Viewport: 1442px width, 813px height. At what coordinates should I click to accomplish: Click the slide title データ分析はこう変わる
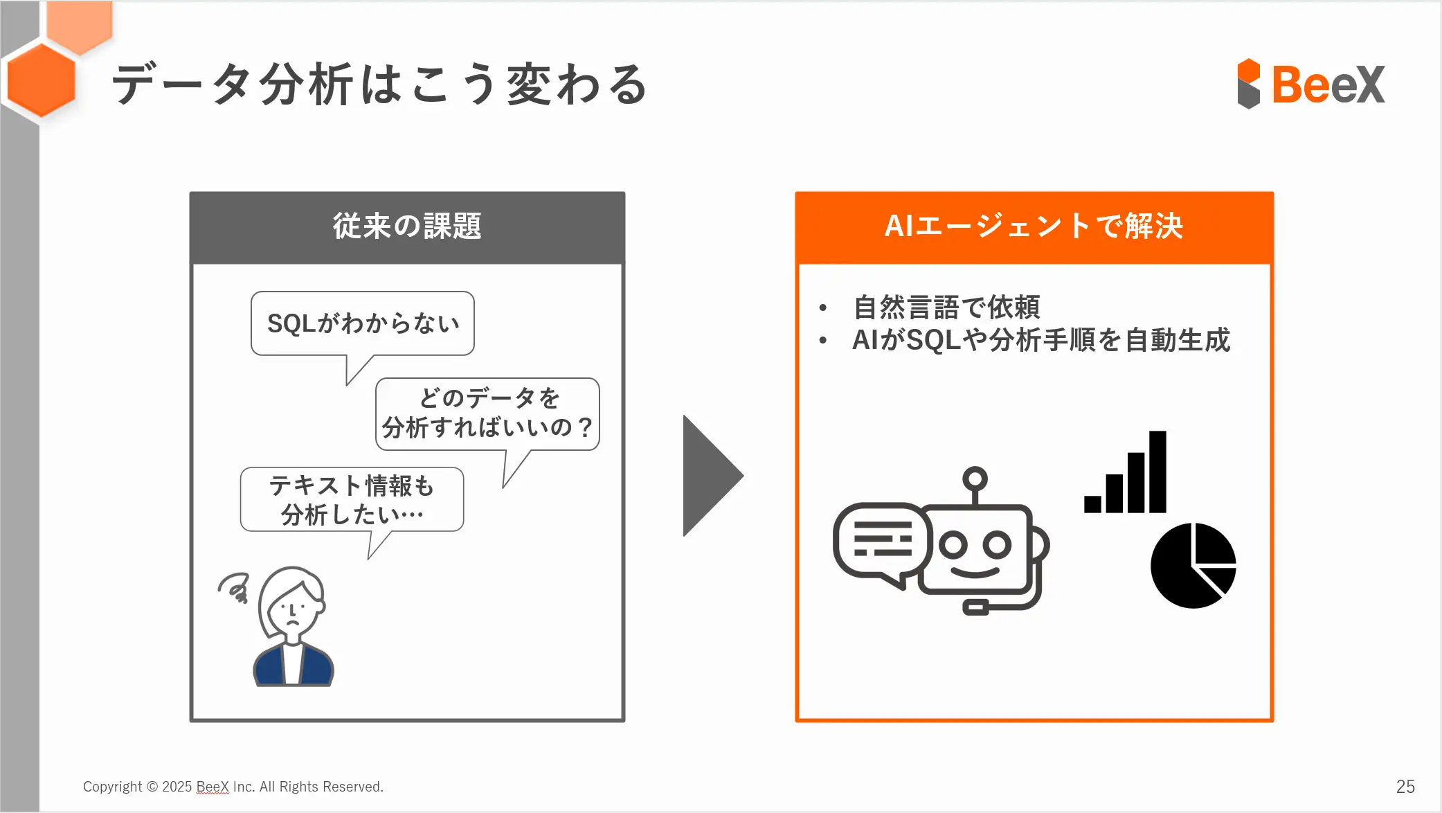379,84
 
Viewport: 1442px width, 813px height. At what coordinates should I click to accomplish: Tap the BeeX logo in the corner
1311,84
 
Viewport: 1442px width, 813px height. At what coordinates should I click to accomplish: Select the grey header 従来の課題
407,227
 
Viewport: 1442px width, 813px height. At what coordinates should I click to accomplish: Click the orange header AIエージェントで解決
1034,227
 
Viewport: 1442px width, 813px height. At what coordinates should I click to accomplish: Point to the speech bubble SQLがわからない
363,323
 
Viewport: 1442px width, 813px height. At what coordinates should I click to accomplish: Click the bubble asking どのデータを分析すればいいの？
487,414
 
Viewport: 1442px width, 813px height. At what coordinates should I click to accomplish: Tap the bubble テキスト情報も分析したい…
352,500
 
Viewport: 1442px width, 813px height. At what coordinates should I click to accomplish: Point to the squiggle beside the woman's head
234,587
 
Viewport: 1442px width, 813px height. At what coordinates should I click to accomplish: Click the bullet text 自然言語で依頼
946,307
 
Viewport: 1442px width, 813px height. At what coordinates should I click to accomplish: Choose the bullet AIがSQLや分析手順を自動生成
1041,340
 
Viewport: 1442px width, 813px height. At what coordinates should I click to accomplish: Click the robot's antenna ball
975,478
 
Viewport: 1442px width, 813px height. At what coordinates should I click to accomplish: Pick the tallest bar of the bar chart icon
1157,472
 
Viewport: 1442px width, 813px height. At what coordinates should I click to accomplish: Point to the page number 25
1405,787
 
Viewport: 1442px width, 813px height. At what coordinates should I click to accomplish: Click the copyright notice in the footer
233,787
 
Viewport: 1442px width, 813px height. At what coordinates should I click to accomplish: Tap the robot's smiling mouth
974,571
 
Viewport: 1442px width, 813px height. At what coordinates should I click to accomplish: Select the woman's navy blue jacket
294,664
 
